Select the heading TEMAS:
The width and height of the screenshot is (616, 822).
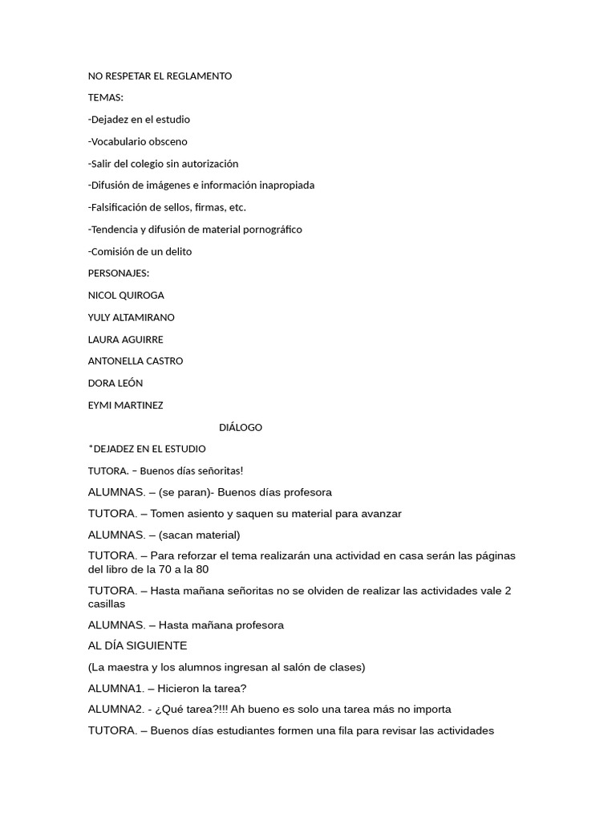coord(106,98)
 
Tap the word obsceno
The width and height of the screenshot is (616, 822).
coord(168,142)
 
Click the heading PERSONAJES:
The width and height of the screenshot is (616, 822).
coord(119,273)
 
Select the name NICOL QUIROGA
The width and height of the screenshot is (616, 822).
coord(126,295)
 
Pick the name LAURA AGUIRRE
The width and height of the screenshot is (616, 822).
coord(125,340)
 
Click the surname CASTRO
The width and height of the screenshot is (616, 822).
coord(164,361)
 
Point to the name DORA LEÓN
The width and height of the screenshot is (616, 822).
coord(115,383)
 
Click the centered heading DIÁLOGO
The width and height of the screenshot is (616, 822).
coord(241,427)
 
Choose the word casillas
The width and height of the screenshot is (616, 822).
coord(107,604)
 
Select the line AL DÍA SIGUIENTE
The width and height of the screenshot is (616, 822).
coord(137,645)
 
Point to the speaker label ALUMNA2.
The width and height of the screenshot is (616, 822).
coord(116,710)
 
